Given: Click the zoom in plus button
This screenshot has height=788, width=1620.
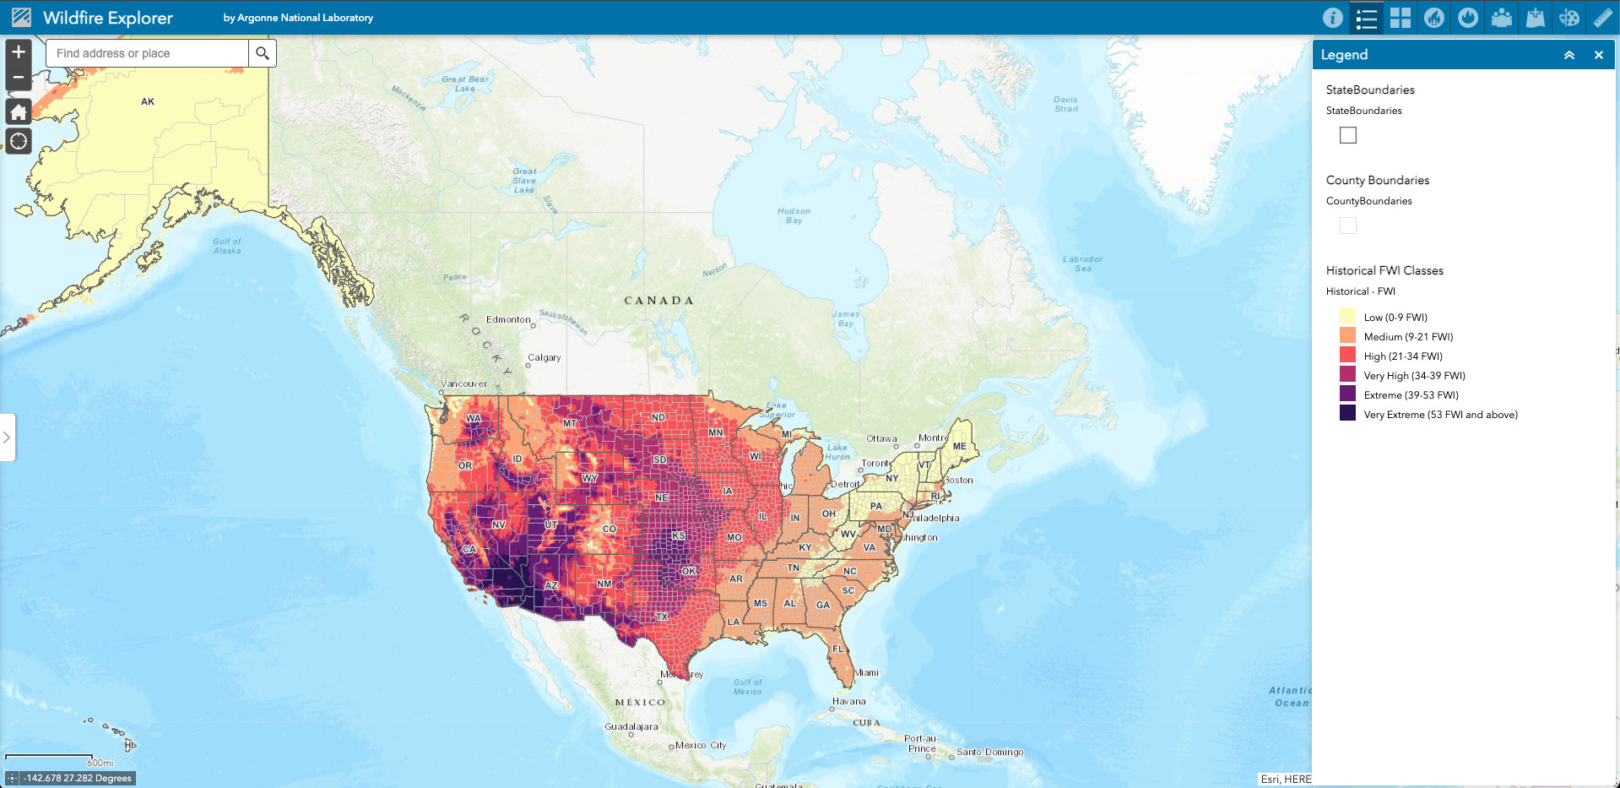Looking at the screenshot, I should pyautogui.click(x=19, y=52).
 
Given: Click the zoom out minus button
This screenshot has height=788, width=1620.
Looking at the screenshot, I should pyautogui.click(x=19, y=78).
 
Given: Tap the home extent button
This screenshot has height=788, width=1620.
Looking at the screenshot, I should pyautogui.click(x=19, y=111).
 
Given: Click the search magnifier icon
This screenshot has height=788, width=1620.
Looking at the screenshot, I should pyautogui.click(x=263, y=53).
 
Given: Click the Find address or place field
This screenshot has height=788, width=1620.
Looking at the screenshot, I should pyautogui.click(x=148, y=53).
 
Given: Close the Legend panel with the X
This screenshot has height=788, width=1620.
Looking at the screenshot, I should pyautogui.click(x=1598, y=55).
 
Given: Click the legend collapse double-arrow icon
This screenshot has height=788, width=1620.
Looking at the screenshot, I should pyautogui.click(x=1569, y=55).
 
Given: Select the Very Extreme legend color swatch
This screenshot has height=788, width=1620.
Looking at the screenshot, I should pyautogui.click(x=1347, y=413).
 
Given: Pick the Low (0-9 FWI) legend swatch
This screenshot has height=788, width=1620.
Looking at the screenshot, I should pyautogui.click(x=1347, y=317).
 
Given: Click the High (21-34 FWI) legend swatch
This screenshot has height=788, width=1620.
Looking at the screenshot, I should pyautogui.click(x=1347, y=356).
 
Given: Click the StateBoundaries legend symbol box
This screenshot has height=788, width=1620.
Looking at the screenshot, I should pyautogui.click(x=1348, y=135).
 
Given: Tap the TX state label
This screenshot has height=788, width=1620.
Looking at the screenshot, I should pyautogui.click(x=663, y=617).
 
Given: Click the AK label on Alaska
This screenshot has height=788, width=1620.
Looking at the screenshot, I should pyautogui.click(x=148, y=101).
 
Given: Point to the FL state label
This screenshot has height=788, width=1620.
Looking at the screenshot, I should pyautogui.click(x=838, y=649).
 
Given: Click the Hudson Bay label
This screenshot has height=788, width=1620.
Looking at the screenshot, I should pyautogui.click(x=794, y=215).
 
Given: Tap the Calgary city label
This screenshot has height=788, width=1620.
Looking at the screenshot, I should pyautogui.click(x=545, y=357).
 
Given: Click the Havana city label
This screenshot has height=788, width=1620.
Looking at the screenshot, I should pyautogui.click(x=849, y=701).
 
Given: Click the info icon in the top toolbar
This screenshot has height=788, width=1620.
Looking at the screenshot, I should pyautogui.click(x=1332, y=18).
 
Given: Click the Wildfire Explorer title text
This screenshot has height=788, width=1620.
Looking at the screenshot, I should pyautogui.click(x=108, y=18).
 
